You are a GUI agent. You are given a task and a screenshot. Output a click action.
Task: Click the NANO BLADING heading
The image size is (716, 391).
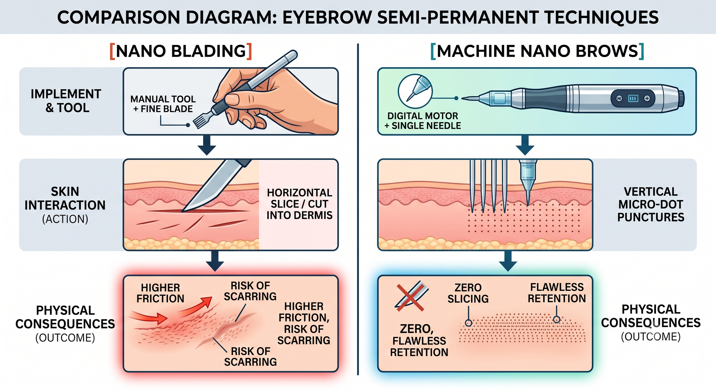point(181,51)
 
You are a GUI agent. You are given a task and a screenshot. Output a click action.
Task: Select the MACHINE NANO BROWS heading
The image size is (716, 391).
point(537,51)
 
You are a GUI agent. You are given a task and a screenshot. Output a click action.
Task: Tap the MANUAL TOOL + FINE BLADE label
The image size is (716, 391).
point(163,104)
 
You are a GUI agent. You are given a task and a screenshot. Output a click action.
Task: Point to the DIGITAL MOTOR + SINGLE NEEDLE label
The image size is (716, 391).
point(422,121)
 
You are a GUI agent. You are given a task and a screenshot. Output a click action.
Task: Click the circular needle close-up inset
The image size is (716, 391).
point(415,91)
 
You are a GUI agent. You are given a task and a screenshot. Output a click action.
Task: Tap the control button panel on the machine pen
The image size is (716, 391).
point(633,99)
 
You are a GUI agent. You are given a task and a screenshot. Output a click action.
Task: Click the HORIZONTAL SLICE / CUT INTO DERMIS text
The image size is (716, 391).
point(300,204)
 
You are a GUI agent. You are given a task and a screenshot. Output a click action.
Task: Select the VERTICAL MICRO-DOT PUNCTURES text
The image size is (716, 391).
point(651,204)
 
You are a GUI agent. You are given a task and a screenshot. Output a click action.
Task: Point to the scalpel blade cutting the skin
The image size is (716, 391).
point(215,186)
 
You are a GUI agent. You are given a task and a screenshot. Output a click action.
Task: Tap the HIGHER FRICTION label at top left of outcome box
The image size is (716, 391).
point(160,293)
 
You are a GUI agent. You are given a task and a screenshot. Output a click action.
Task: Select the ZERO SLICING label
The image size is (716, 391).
point(468,293)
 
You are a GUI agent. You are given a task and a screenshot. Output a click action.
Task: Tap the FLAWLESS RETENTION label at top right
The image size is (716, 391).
point(557,293)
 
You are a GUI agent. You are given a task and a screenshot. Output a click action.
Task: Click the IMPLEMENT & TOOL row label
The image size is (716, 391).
point(66,101)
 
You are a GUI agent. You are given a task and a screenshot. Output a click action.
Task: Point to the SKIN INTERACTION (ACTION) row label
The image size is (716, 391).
point(65,205)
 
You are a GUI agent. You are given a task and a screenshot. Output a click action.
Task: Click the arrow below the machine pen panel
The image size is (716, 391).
point(525,145)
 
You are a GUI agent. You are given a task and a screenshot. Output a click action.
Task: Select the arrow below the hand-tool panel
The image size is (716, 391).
point(207,145)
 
